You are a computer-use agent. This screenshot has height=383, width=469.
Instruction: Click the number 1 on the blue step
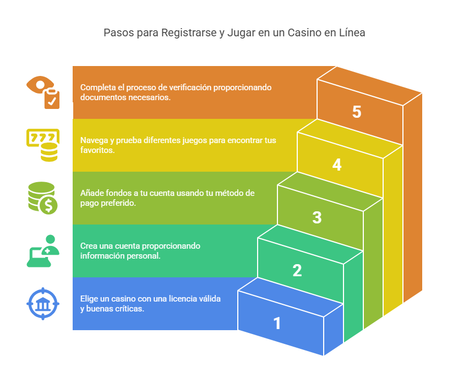click(277, 323)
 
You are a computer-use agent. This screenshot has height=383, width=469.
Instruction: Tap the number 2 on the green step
click(297, 270)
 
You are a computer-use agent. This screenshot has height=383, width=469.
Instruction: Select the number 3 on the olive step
click(317, 217)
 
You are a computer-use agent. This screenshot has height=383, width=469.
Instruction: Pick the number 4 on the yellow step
click(337, 165)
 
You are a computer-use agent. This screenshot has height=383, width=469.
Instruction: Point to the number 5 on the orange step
click(357, 112)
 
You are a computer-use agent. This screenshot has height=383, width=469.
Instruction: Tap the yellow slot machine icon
click(43, 145)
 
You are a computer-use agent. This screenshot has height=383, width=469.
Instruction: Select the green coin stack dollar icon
click(42, 198)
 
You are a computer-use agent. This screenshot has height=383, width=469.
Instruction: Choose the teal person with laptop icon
click(42, 250)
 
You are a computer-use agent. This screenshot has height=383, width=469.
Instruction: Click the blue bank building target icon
click(43, 303)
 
